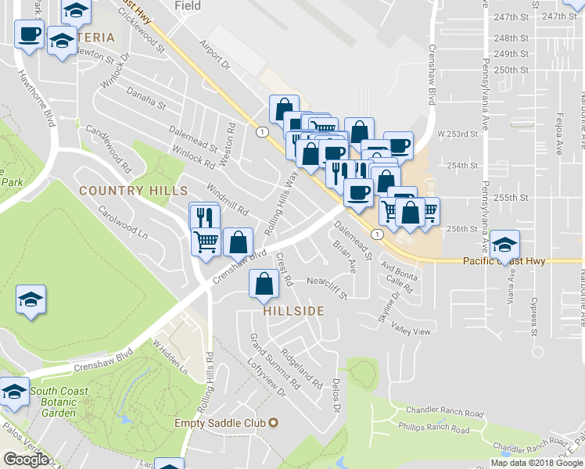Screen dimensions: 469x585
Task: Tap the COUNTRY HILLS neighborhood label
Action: (x=133, y=191)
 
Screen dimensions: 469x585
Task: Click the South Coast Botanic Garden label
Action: (x=59, y=402)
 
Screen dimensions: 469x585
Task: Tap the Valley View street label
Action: (x=411, y=331)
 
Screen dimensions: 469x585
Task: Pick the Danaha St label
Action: (x=146, y=100)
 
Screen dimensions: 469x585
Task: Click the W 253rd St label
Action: (x=457, y=134)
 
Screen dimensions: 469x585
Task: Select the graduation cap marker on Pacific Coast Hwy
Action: (x=505, y=245)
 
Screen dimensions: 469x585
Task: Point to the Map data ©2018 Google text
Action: (x=537, y=463)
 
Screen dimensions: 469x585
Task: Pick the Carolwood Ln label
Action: (x=123, y=223)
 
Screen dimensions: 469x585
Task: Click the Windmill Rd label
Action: (x=227, y=200)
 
